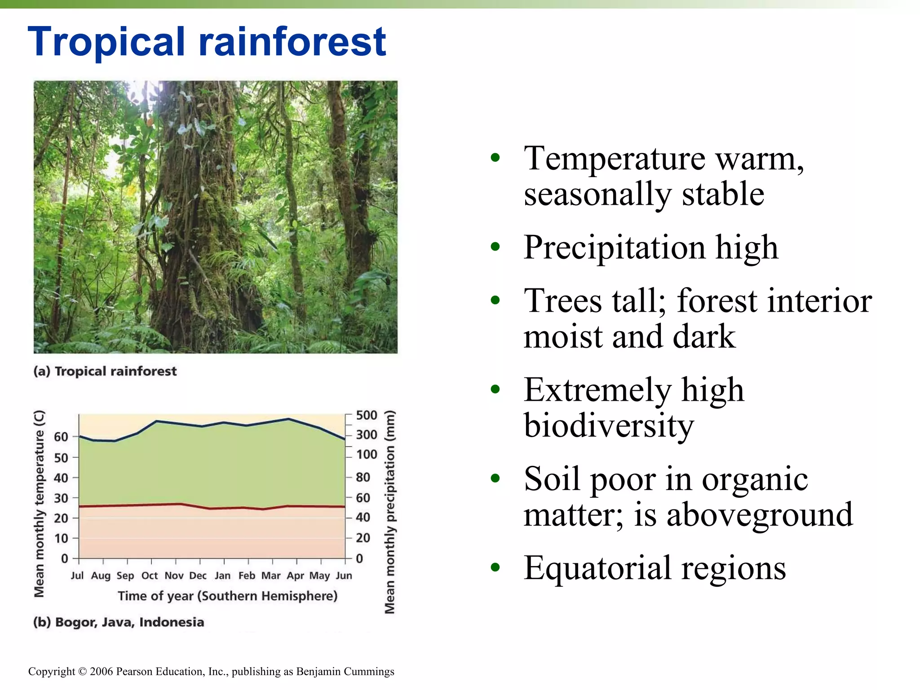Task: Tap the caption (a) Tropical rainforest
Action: point(105,371)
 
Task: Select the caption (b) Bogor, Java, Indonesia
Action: point(119,622)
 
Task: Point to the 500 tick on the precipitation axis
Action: point(366,415)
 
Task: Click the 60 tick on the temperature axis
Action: point(61,437)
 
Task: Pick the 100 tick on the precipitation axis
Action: point(367,455)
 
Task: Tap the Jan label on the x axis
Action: point(222,575)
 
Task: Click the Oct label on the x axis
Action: point(150,575)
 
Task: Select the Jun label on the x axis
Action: point(344,575)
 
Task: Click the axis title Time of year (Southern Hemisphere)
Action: point(227,596)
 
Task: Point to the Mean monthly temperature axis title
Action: point(40,503)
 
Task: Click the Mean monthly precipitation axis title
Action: point(390,512)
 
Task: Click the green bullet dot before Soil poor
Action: point(495,478)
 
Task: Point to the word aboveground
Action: point(759,515)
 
